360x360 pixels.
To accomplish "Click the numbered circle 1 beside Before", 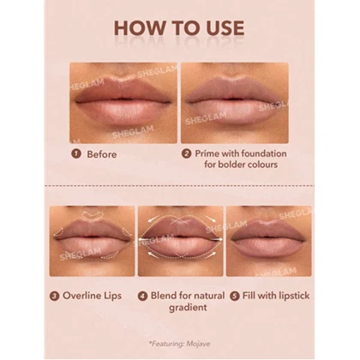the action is click(76, 153).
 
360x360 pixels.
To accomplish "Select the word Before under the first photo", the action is click(102, 154).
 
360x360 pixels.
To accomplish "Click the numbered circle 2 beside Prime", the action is click(187, 153).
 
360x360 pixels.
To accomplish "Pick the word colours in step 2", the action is click(262, 165).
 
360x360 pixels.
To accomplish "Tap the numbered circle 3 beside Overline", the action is click(54, 296).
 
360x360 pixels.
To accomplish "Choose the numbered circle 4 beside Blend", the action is click(142, 296).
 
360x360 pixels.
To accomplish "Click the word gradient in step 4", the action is click(188, 308).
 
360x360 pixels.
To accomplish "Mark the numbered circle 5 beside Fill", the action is click(235, 296).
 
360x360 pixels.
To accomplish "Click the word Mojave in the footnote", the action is click(198, 344).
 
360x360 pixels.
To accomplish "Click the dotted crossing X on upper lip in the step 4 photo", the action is click(181, 221).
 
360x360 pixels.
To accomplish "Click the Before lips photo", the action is click(123, 103).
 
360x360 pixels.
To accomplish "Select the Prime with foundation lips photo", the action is click(235, 103).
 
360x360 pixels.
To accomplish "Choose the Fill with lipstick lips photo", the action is click(269, 241).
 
